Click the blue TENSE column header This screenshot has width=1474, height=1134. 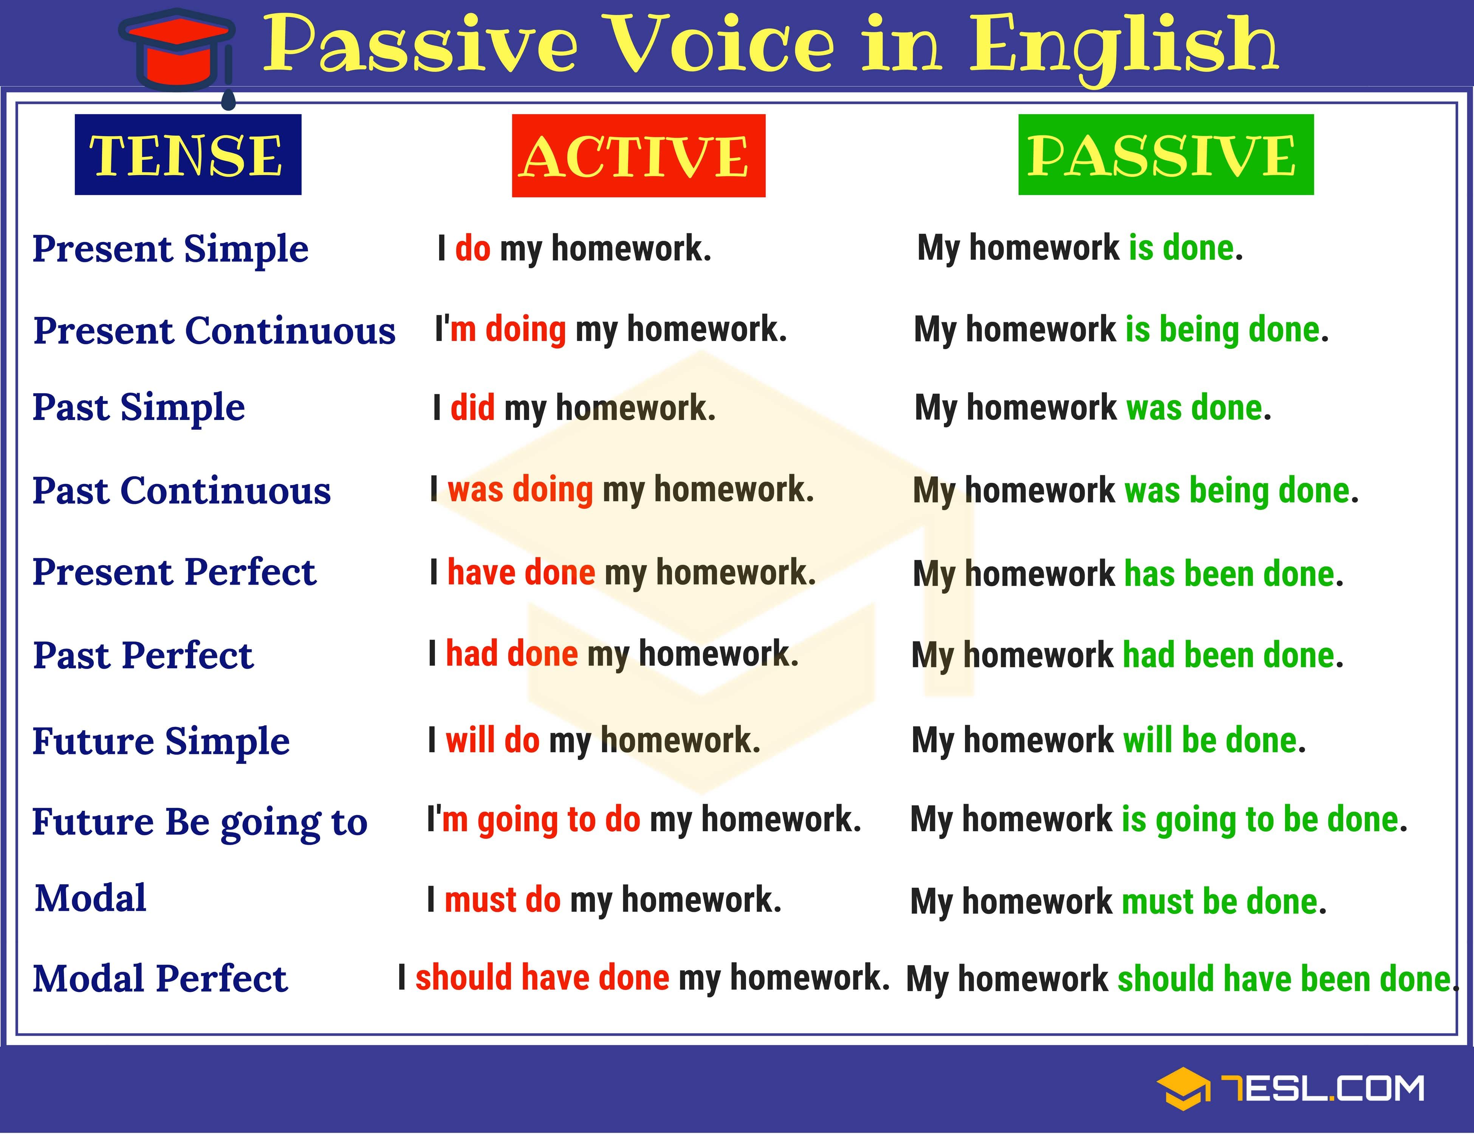pos(187,155)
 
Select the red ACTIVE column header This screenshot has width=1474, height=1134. pos(638,156)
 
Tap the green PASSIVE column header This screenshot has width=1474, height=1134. pos(1166,155)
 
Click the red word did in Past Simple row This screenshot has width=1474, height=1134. pos(472,408)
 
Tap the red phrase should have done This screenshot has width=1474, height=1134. pos(542,978)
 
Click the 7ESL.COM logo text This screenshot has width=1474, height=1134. pos(1323,1089)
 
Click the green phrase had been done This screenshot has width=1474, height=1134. pos(1228,655)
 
